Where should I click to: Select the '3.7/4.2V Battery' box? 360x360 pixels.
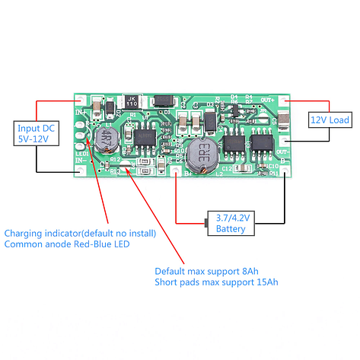click(x=230, y=222)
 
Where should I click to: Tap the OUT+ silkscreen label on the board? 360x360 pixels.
click(x=267, y=100)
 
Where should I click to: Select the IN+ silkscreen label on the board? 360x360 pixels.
click(x=81, y=112)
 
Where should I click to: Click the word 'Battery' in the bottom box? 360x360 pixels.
click(x=230, y=228)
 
